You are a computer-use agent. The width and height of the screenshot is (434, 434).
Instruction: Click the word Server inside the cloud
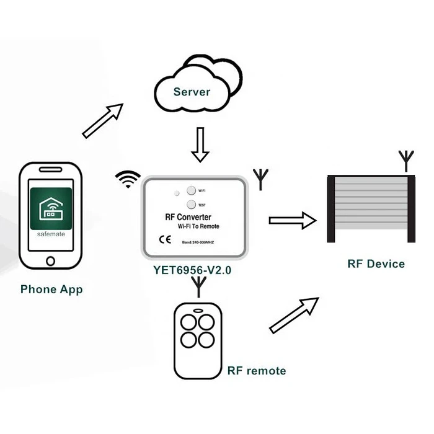point(192,92)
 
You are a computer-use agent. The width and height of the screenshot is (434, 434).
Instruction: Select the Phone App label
point(51,290)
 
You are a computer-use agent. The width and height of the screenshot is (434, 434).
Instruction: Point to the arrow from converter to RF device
point(292,219)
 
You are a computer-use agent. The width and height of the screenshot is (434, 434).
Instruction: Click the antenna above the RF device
point(405,161)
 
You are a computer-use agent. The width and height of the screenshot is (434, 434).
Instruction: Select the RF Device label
point(376,264)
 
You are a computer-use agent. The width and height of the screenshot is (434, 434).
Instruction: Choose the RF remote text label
point(257,371)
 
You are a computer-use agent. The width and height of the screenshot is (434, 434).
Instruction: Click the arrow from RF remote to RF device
point(294,316)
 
